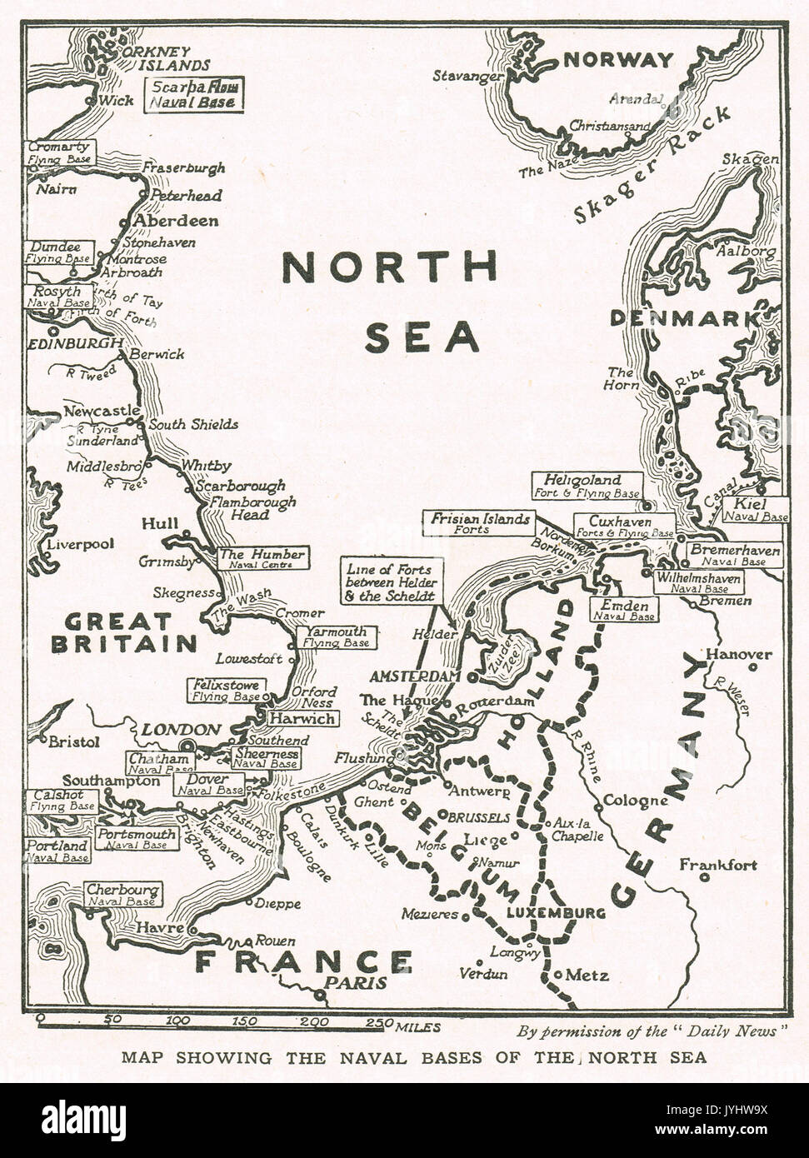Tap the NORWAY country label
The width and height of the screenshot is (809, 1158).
point(617,60)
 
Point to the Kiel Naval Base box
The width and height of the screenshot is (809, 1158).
point(756,510)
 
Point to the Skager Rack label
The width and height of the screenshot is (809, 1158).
point(652,165)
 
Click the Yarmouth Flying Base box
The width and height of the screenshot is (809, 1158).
point(336,637)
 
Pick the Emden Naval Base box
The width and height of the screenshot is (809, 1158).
point(624,609)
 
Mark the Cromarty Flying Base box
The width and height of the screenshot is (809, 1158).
point(60,152)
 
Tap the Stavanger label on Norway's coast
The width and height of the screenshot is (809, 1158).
point(466,76)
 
